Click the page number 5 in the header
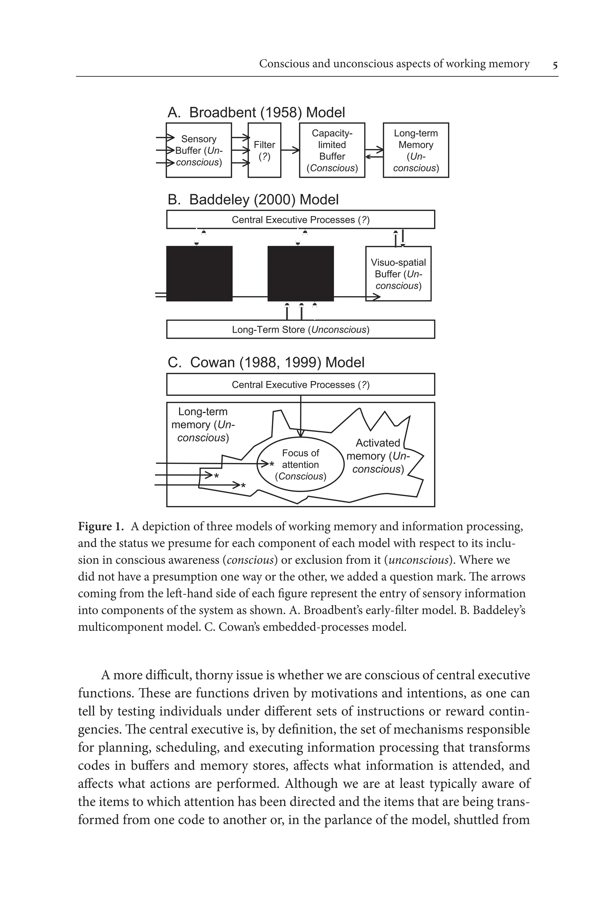pyautogui.click(x=555, y=65)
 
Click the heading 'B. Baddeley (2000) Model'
pyautogui.click(x=253, y=200)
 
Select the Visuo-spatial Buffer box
pyautogui.click(x=398, y=274)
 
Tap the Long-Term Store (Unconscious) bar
pyautogui.click(x=300, y=329)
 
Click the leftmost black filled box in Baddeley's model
pyautogui.click(x=199, y=273)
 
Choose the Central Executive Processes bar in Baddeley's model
pyautogui.click(x=300, y=220)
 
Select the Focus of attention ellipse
pyautogui.click(x=300, y=464)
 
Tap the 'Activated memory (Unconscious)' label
pyautogui.click(x=378, y=456)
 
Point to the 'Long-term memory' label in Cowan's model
pyautogui.click(x=203, y=424)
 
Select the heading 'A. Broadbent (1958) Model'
pyautogui.click(x=256, y=112)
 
